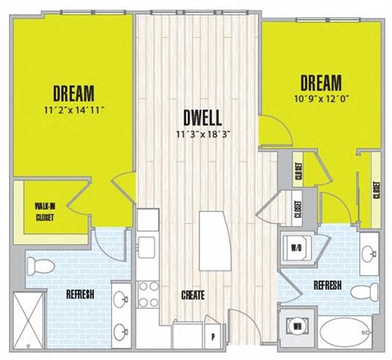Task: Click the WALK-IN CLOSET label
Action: pyautogui.click(x=44, y=211)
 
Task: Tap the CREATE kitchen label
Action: pyautogui.click(x=187, y=296)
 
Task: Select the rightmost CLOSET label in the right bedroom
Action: pyautogui.click(x=376, y=190)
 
